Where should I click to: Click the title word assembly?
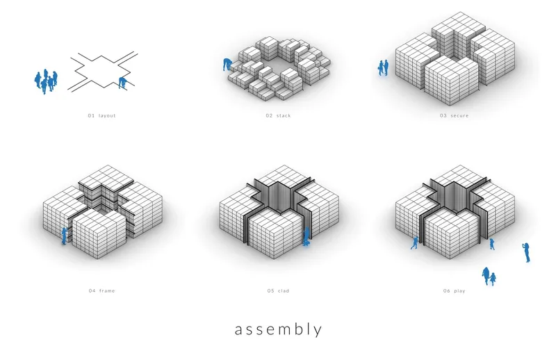279,329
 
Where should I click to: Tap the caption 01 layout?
101,115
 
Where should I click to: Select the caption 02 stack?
279,115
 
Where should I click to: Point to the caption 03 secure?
455,115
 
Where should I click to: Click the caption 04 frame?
101,291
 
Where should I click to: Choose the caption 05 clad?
279,291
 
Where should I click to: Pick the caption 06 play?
455,291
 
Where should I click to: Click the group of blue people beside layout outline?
46,81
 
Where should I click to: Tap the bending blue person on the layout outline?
123,83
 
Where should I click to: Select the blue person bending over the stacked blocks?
227,65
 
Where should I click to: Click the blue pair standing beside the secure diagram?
383,67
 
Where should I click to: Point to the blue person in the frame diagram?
64,236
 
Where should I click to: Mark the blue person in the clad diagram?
306,236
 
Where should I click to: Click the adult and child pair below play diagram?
489,277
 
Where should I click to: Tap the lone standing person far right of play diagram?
527,252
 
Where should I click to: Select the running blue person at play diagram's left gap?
414,243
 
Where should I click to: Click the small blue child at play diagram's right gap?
492,245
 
